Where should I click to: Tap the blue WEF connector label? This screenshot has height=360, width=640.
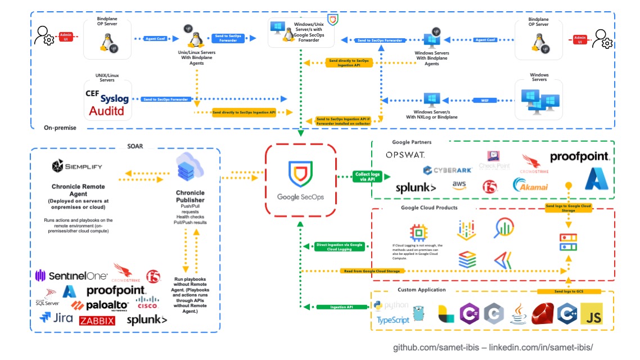click(484, 100)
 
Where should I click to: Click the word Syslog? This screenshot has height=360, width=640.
click(115, 99)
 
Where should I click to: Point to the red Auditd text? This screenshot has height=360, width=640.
click(109, 111)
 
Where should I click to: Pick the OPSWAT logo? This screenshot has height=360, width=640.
click(405, 155)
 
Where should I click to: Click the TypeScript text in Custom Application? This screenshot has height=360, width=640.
click(394, 319)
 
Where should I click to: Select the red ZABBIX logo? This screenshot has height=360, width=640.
click(97, 321)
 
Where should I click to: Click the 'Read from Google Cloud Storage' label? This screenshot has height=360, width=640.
click(371, 271)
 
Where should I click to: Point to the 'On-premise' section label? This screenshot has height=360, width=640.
click(60, 128)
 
